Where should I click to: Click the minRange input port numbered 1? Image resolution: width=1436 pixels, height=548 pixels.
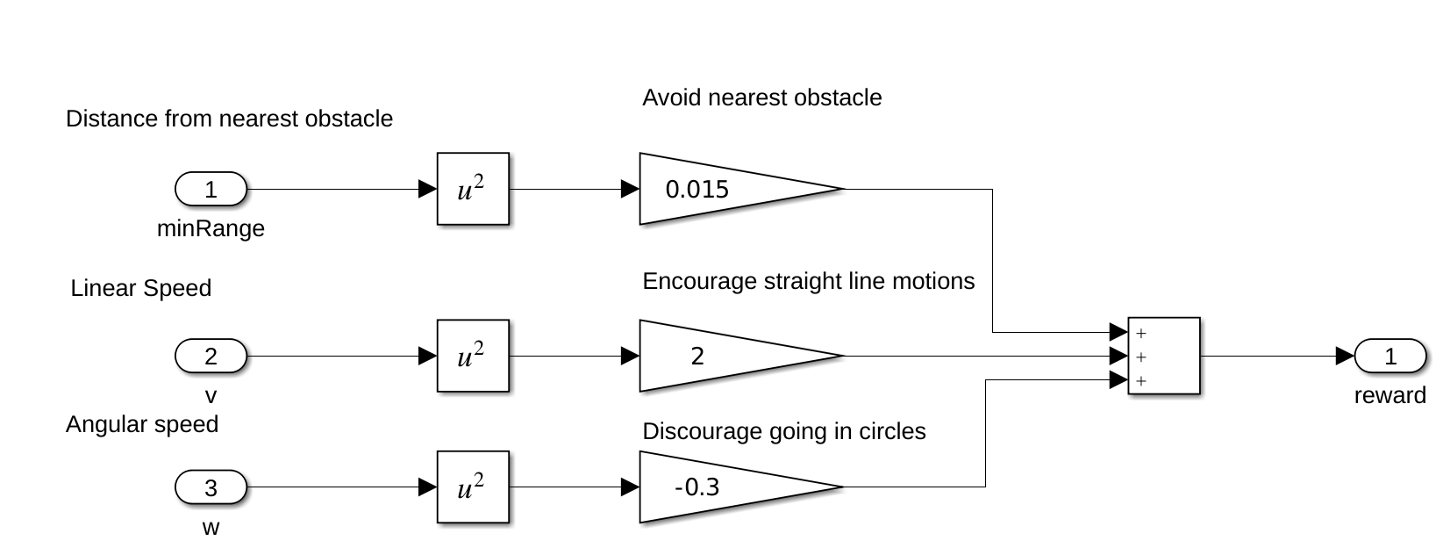(211, 189)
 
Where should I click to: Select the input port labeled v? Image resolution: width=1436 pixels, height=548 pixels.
(211, 356)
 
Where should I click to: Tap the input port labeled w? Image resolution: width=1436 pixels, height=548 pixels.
(211, 487)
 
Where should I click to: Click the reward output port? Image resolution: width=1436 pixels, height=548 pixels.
(1390, 356)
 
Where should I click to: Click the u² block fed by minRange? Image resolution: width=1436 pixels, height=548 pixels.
(473, 189)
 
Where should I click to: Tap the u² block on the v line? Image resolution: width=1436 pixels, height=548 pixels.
(473, 356)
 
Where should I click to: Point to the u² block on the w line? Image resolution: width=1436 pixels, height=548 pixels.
(473, 487)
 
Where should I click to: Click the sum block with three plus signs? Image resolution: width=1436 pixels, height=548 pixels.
(1164, 356)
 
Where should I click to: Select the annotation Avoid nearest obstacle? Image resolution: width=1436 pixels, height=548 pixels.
(761, 97)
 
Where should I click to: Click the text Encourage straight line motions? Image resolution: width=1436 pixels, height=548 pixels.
(808, 281)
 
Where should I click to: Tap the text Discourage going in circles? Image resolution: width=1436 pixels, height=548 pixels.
(783, 431)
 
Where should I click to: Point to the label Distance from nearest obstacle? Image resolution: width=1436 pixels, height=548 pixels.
(229, 119)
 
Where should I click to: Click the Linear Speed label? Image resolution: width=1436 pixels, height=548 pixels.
(140, 288)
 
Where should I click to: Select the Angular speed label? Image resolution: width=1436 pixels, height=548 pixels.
(141, 424)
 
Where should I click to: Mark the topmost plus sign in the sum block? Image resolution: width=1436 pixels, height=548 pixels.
(1140, 334)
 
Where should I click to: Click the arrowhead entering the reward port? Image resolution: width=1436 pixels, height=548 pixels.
(1345, 356)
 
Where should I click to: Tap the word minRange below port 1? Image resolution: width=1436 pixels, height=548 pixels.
(211, 229)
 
